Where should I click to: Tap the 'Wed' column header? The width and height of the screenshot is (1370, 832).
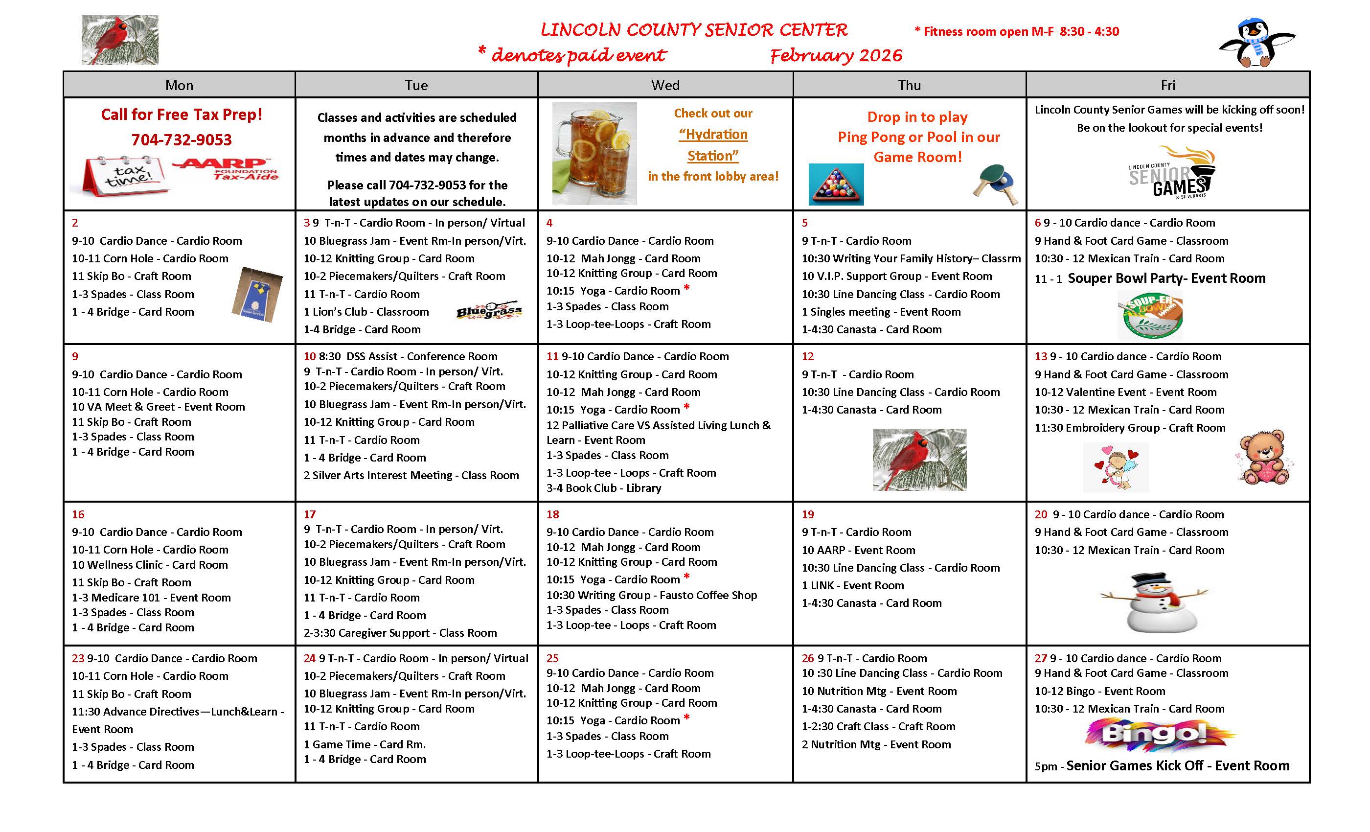(x=665, y=85)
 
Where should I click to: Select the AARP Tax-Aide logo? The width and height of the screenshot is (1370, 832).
(x=225, y=169)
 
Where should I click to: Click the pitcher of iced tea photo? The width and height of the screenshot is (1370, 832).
(x=594, y=153)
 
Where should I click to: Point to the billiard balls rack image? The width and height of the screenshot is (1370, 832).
(x=836, y=184)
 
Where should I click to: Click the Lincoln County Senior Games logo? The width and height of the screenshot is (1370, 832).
(x=1170, y=172)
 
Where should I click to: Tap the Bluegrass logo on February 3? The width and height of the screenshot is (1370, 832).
(x=489, y=311)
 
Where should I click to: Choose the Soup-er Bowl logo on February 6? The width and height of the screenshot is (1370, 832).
(x=1149, y=315)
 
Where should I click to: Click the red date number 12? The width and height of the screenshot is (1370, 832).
(x=807, y=356)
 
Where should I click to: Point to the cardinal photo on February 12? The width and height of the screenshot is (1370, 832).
(x=919, y=460)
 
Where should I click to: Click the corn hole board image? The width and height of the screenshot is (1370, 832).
(x=256, y=295)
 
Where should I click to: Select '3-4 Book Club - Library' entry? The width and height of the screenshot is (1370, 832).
(x=603, y=488)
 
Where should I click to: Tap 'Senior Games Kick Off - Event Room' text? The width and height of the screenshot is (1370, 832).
(x=1177, y=766)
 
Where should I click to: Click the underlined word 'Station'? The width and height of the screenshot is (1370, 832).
(x=713, y=156)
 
